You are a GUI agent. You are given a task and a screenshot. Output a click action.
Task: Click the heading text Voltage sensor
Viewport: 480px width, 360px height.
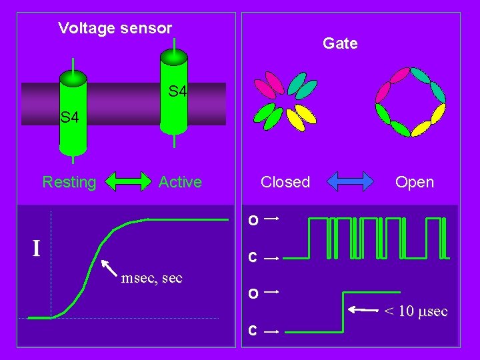pyautogui.click(x=115, y=28)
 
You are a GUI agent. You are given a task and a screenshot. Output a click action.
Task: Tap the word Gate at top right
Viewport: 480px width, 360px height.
pyautogui.click(x=340, y=43)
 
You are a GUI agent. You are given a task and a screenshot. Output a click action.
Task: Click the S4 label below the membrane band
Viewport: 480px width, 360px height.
pyautogui.click(x=69, y=118)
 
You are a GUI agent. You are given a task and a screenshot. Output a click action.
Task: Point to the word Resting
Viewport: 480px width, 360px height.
pyautogui.click(x=69, y=182)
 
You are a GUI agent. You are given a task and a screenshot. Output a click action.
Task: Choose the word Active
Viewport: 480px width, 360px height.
pyautogui.click(x=180, y=182)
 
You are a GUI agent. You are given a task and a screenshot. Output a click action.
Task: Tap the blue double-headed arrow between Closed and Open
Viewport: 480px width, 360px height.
pyautogui.click(x=351, y=181)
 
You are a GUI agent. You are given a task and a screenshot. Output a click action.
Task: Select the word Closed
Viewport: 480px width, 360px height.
pyautogui.click(x=285, y=182)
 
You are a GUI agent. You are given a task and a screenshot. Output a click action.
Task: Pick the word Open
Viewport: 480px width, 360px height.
pyautogui.click(x=414, y=182)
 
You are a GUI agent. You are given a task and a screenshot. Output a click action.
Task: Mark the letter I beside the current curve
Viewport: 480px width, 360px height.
pyautogui.click(x=37, y=249)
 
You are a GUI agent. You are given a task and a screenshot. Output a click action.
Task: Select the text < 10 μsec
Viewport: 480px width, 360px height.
pyautogui.click(x=415, y=311)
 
